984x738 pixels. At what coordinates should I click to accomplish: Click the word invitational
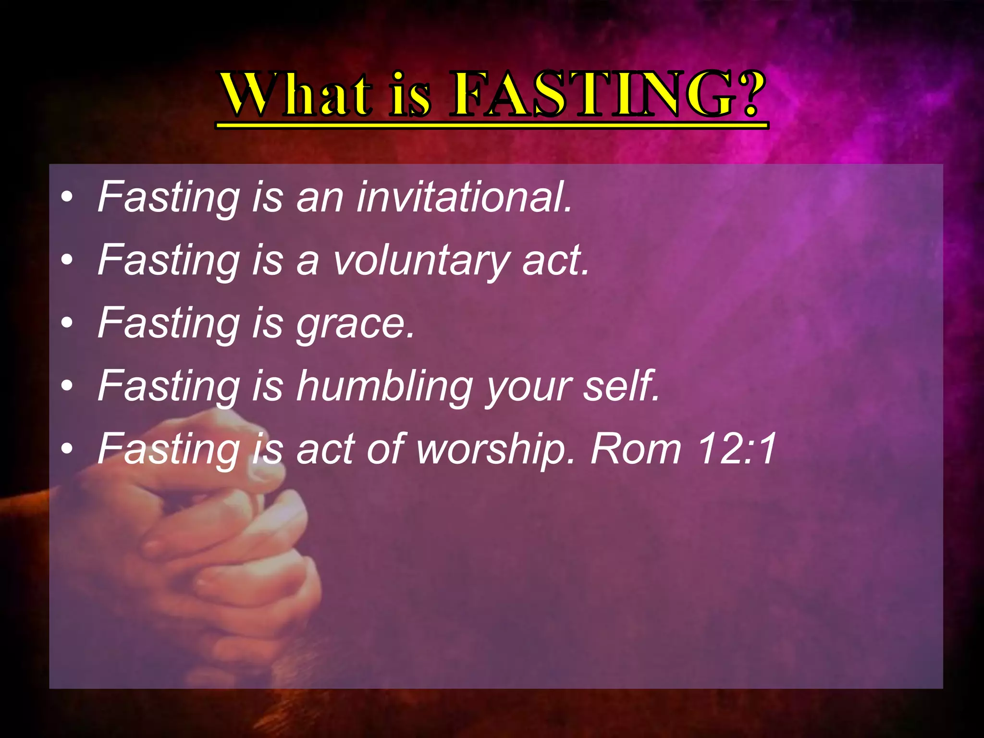tap(464, 197)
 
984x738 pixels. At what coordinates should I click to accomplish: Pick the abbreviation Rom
tap(636, 448)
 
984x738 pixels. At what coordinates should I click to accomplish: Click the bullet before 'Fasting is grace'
tap(67, 322)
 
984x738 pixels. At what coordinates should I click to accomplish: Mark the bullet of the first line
tap(67, 197)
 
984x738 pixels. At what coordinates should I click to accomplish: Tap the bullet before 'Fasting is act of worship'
tap(67, 448)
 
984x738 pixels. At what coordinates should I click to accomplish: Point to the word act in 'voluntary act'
tap(555, 260)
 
